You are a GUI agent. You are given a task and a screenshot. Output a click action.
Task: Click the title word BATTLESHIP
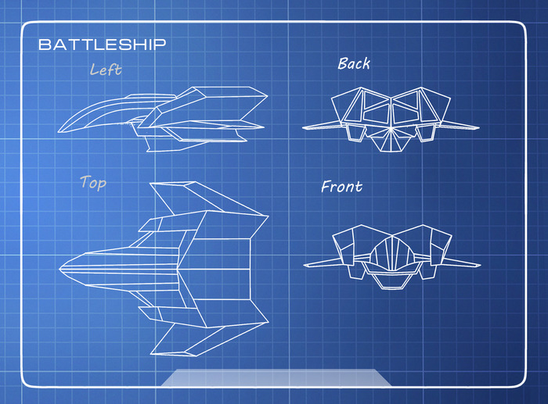tap(102, 45)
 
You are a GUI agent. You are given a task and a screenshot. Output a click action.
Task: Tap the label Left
tap(106, 70)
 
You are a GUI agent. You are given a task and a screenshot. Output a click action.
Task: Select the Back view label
tap(354, 63)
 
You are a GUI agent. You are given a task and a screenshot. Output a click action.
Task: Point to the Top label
tap(93, 183)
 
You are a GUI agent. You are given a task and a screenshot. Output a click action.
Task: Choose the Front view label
tap(342, 187)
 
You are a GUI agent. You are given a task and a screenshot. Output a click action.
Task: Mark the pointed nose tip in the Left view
tap(59, 129)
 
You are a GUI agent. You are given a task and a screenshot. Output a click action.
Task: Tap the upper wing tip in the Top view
tap(151, 184)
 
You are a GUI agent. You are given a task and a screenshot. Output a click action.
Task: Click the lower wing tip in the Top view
tap(151, 354)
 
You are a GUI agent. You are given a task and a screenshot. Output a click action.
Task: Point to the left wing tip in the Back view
tap(304, 127)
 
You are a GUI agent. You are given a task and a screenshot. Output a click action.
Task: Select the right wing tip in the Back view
tap(479, 127)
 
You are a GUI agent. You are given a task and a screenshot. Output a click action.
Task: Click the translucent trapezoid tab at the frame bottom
tap(276, 377)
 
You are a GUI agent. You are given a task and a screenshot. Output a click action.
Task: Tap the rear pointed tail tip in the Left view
tap(264, 126)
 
